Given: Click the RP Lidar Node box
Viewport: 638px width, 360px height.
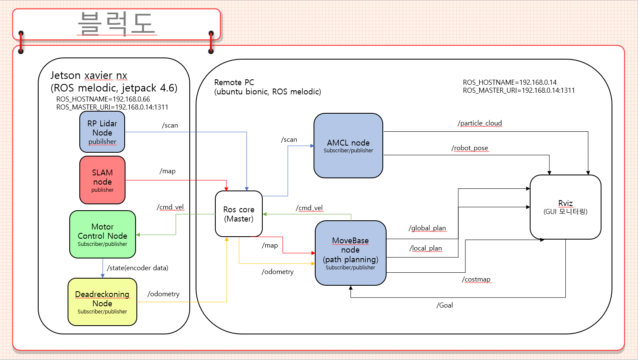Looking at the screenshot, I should pyautogui.click(x=102, y=132).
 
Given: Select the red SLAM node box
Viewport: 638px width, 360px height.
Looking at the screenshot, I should pyautogui.click(x=102, y=180).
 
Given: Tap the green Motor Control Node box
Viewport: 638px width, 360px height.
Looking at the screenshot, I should pyautogui.click(x=102, y=234).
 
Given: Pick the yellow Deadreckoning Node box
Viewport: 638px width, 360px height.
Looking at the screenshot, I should pyautogui.click(x=102, y=302).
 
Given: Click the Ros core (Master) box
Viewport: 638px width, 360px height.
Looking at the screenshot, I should pyautogui.click(x=238, y=214).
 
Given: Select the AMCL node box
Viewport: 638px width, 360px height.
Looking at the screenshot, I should pyautogui.click(x=348, y=146).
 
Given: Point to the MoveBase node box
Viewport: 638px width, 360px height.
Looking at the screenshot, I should pyautogui.click(x=350, y=253).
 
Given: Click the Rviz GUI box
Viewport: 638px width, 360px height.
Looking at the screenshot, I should pyautogui.click(x=565, y=207).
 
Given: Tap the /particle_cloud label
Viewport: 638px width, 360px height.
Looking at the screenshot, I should pyautogui.click(x=479, y=123).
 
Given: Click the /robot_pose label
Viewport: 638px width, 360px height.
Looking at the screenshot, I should pyautogui.click(x=470, y=148).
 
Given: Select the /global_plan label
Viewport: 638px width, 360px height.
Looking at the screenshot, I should pyautogui.click(x=427, y=228).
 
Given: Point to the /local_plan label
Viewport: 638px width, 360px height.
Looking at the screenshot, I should pyautogui.click(x=426, y=248).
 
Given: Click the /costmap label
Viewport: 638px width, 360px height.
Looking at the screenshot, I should pyautogui.click(x=476, y=279).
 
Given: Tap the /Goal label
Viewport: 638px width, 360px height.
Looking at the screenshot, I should pyautogui.click(x=445, y=305).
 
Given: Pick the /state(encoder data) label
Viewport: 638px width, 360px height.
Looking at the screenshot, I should pyautogui.click(x=138, y=268).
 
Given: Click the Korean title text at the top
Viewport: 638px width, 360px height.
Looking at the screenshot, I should pyautogui.click(x=116, y=23).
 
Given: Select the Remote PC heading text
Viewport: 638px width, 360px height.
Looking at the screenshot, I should pyautogui.click(x=234, y=83).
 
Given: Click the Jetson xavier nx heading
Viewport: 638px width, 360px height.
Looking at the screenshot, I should pyautogui.click(x=89, y=76).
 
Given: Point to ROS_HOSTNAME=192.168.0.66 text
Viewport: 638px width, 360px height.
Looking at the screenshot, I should pyautogui.click(x=103, y=99).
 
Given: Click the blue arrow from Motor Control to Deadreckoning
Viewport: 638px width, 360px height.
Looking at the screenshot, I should pyautogui.click(x=103, y=268).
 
